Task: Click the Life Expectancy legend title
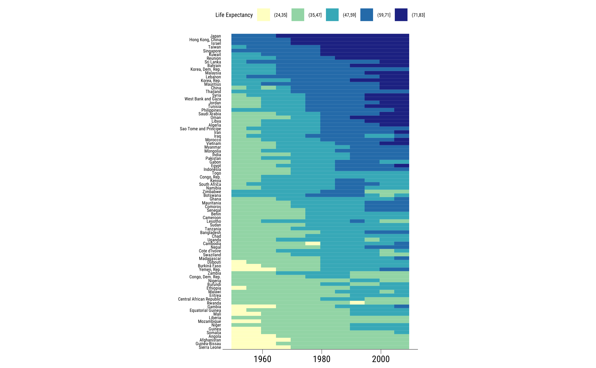(234, 15)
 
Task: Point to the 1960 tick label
(262, 359)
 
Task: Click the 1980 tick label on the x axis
(322, 359)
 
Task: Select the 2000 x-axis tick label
(381, 359)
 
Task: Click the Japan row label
(216, 36)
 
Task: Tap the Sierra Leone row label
(210, 347)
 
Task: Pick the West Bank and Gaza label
(203, 99)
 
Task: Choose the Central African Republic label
(200, 299)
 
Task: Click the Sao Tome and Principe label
(200, 129)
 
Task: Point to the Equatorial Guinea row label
(205, 310)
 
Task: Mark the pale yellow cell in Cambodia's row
(313, 243)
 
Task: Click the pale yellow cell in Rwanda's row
(357, 303)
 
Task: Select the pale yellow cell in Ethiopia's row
(239, 288)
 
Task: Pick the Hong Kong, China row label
(205, 40)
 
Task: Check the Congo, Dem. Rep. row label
(205, 277)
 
